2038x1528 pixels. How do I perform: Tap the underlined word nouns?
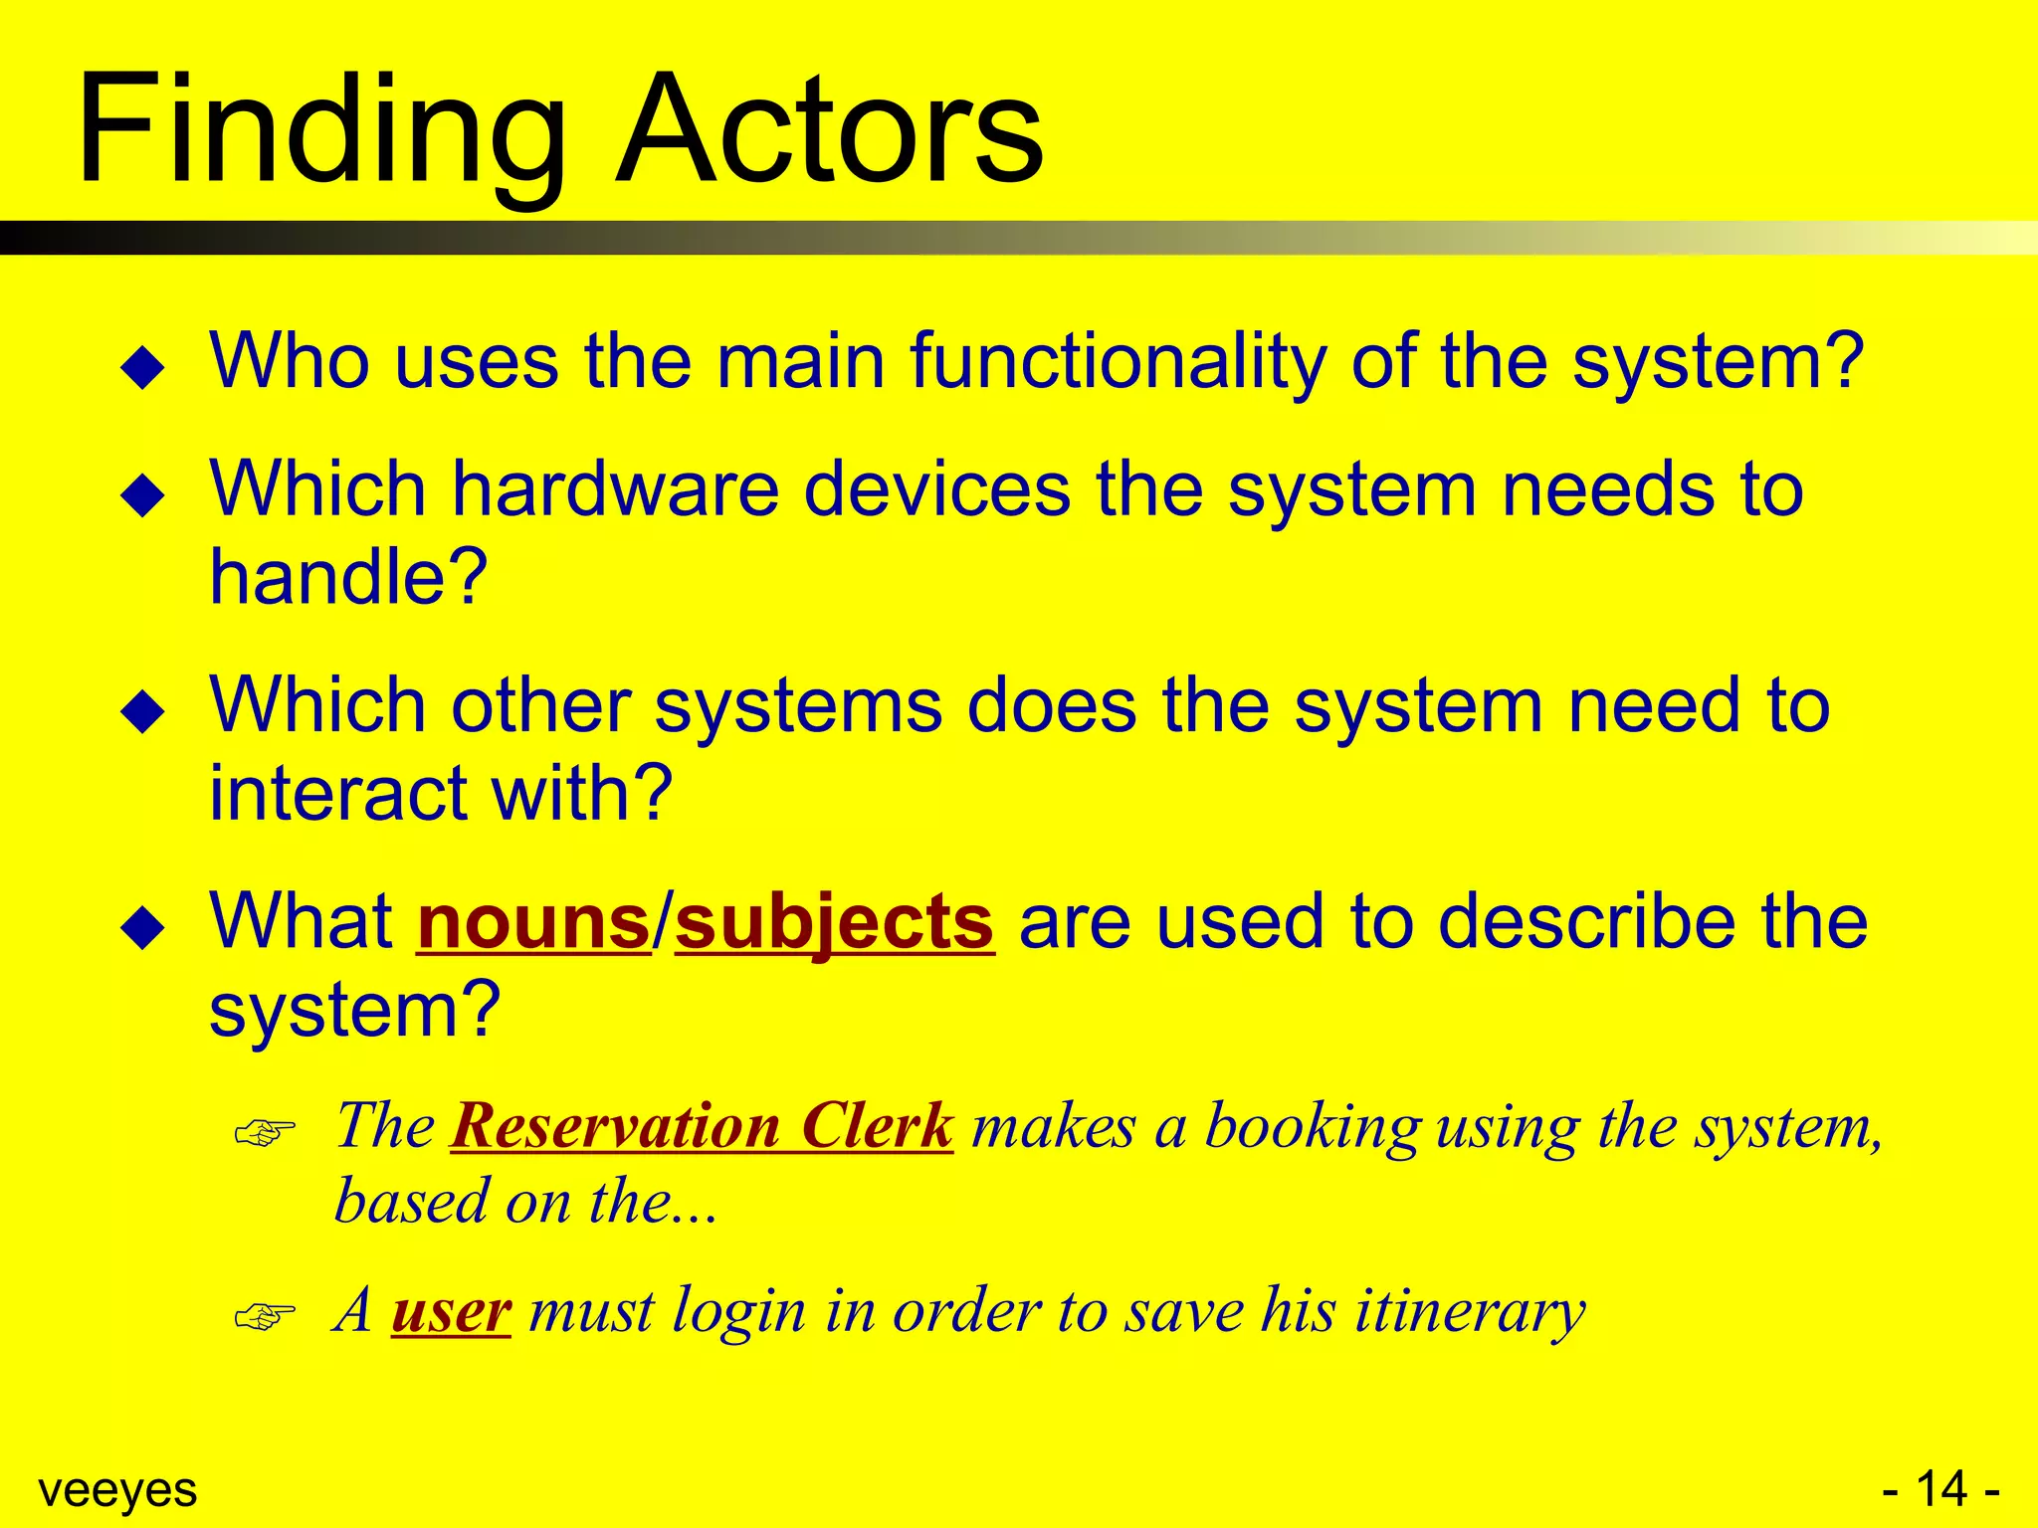[533, 922]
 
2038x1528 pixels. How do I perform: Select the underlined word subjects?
[834, 922]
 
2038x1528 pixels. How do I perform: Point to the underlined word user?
[451, 1310]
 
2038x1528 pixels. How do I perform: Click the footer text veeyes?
[117, 1490]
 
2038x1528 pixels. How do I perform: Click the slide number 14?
[1940, 1489]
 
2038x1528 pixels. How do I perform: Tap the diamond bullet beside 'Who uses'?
[142, 367]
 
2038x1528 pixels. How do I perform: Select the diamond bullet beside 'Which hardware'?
[142, 495]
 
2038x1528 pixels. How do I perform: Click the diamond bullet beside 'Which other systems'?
[142, 711]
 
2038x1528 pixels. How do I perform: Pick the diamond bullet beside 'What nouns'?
[142, 928]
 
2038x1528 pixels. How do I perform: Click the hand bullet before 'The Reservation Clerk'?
[265, 1132]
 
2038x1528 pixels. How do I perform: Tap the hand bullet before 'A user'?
[265, 1316]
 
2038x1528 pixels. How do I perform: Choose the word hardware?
[615, 489]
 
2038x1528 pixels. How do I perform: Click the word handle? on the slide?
[348, 577]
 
